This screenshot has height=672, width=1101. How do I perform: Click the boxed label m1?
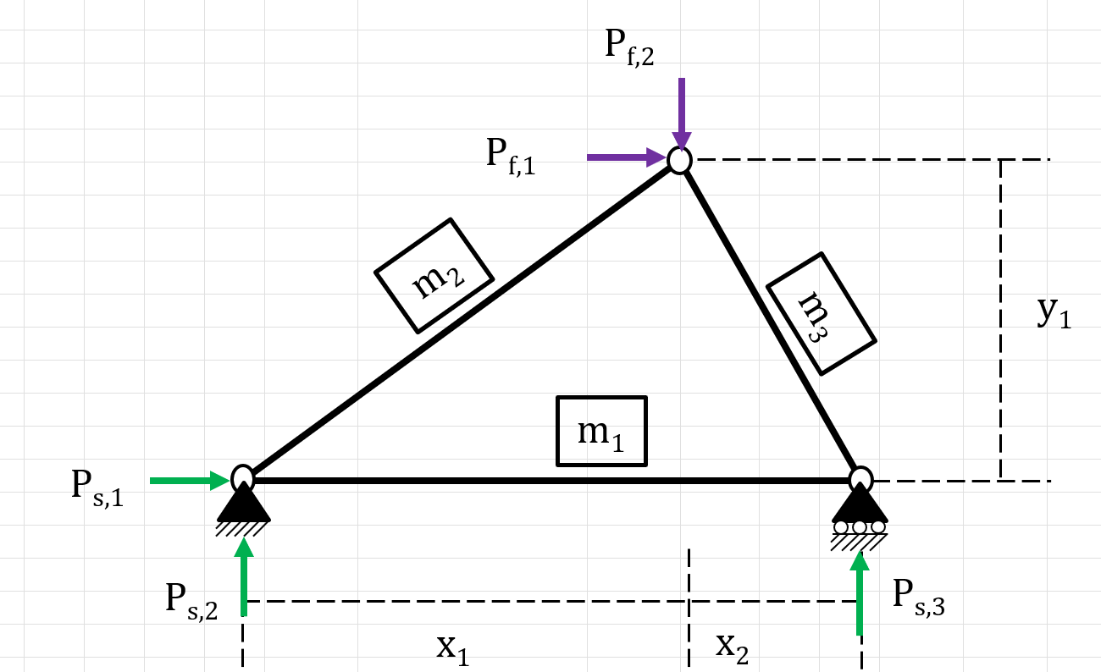click(601, 432)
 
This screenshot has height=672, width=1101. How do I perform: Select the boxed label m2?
click(434, 276)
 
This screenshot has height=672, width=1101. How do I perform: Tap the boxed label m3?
click(821, 313)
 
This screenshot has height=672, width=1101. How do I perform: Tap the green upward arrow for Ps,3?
click(860, 592)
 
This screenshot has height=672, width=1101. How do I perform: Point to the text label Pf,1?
click(511, 154)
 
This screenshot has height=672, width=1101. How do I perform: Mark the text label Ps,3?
click(919, 596)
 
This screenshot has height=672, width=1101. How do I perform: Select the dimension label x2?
click(732, 647)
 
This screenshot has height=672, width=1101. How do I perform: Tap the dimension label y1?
click(1054, 313)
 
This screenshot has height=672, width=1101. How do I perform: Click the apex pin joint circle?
click(679, 159)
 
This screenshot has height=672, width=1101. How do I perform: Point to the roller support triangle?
click(860, 504)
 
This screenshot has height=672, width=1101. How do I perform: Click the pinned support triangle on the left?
click(244, 504)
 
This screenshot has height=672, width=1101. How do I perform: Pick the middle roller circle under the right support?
click(860, 527)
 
